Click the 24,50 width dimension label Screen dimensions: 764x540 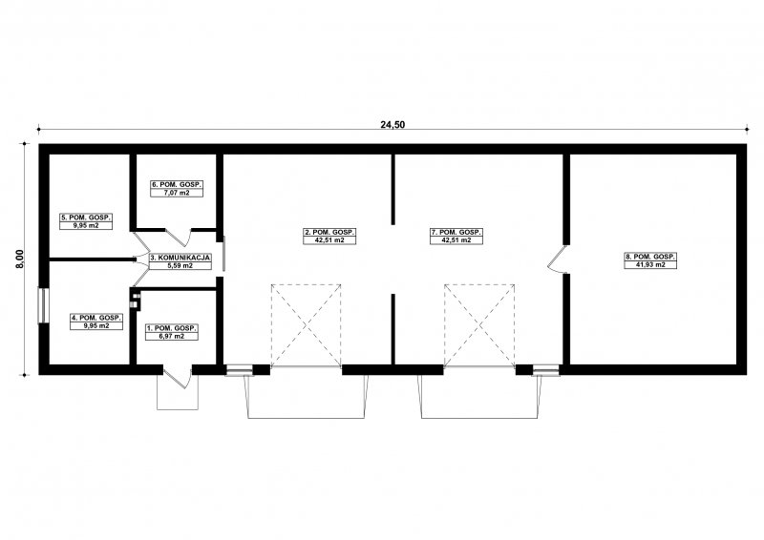(393, 125)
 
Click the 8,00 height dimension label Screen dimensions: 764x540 (19, 260)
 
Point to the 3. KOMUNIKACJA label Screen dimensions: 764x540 (180, 258)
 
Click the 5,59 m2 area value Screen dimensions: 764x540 (180, 266)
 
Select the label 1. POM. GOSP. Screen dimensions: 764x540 (172, 328)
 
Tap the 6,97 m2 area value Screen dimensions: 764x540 (172, 337)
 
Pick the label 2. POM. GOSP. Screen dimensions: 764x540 (329, 232)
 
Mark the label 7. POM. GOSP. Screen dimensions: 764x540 (456, 232)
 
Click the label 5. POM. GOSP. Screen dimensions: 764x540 (86, 218)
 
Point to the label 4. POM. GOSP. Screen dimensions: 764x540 (96, 318)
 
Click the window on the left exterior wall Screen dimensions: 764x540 (43, 305)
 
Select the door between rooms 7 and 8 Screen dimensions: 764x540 (557, 260)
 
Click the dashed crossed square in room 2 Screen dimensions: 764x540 (306, 325)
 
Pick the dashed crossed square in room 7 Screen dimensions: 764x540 (479, 325)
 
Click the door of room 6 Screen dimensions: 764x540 (179, 237)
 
